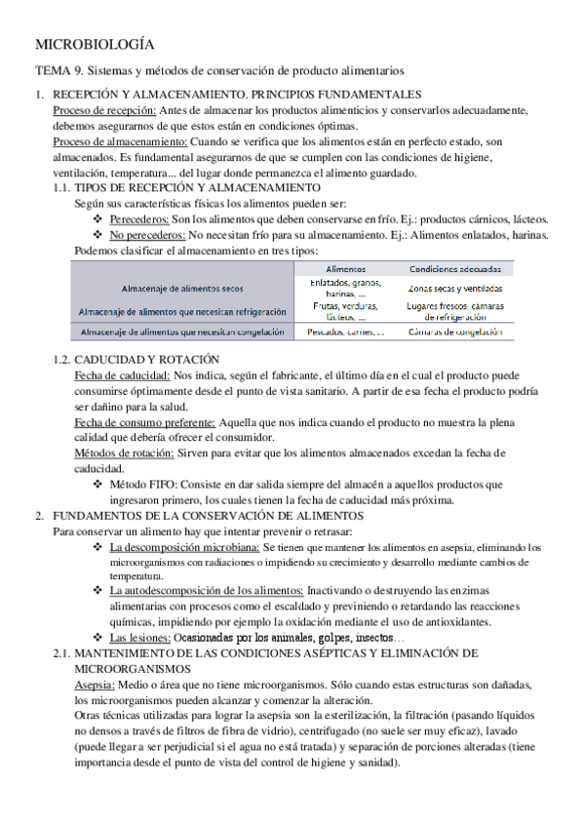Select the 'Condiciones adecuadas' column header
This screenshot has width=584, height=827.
pos(455,268)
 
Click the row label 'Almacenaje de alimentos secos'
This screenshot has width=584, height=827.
pos(182,289)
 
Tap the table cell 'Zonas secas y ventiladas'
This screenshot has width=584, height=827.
pos(455,289)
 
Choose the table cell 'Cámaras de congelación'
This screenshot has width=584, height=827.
pos(455,332)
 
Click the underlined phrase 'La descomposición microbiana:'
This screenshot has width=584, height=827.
pos(184,548)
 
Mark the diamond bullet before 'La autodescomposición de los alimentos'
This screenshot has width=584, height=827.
pos(97,591)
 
